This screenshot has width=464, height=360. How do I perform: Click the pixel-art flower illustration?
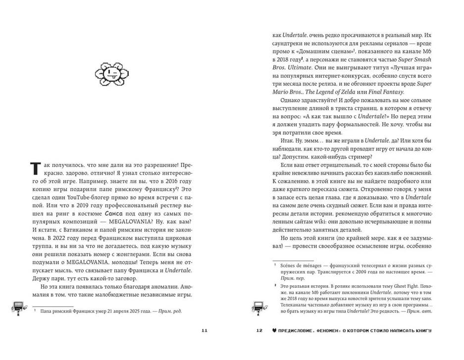[112, 74]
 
